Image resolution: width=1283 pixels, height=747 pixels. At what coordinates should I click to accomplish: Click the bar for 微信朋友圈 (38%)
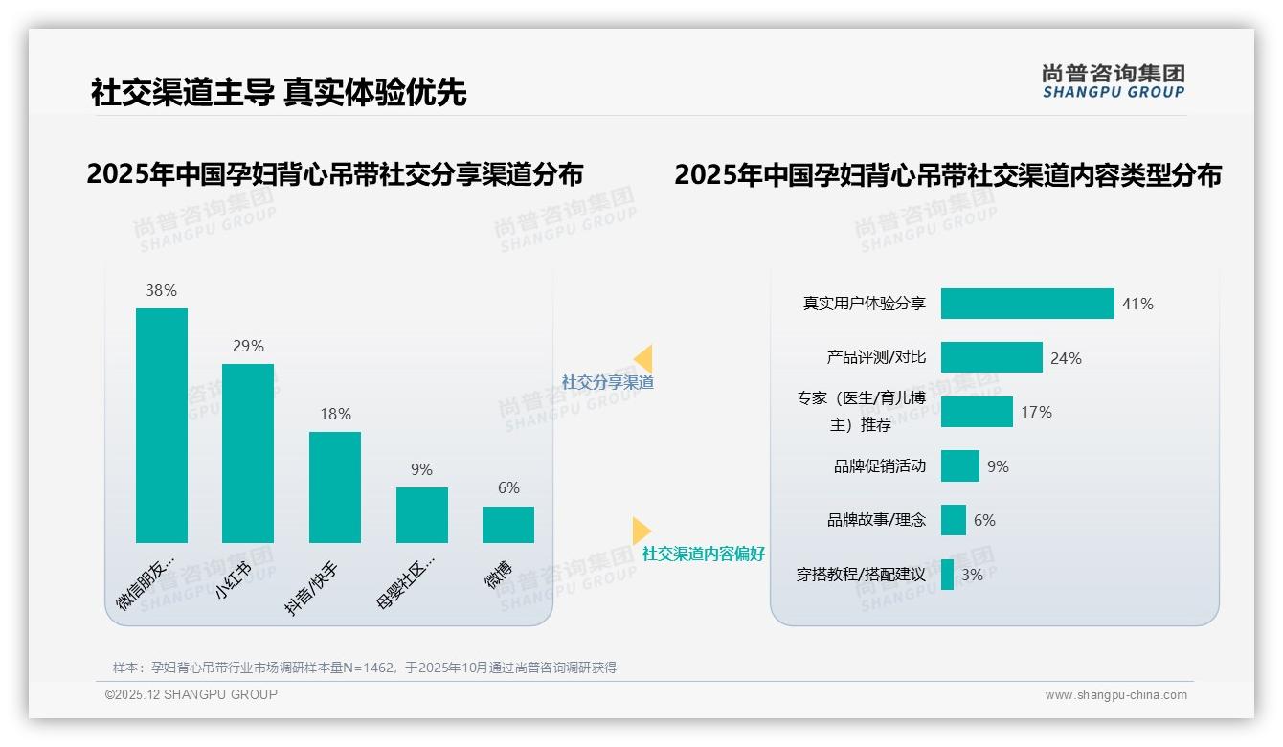pyautogui.click(x=162, y=425)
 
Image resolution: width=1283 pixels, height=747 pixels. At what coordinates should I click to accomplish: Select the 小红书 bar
pyautogui.click(x=248, y=453)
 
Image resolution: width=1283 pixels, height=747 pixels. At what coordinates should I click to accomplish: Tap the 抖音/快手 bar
pyautogui.click(x=335, y=487)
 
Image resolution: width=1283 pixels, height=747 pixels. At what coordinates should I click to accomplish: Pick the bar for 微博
pyautogui.click(x=508, y=524)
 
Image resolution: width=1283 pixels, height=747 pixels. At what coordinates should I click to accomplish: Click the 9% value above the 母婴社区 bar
pyautogui.click(x=421, y=469)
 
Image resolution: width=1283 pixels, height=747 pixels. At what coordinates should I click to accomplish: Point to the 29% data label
pyautogui.click(x=248, y=346)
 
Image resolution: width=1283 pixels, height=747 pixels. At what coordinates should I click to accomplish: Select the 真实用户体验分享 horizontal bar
pyautogui.click(x=1027, y=304)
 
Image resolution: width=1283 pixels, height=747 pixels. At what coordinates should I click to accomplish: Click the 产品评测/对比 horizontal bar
pyautogui.click(x=991, y=357)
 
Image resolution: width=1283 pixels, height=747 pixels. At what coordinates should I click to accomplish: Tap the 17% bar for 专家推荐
pyautogui.click(x=977, y=412)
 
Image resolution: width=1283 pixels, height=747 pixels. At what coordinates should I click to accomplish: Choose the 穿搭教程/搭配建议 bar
pyautogui.click(x=947, y=575)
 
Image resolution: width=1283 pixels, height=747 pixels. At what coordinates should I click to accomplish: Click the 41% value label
pyautogui.click(x=1137, y=304)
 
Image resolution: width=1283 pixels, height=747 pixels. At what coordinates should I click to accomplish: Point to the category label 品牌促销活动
pyautogui.click(x=879, y=466)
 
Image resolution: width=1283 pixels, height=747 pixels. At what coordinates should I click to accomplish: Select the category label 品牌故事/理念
pyautogui.click(x=876, y=520)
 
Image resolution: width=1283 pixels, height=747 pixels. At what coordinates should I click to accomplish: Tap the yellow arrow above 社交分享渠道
pyautogui.click(x=643, y=359)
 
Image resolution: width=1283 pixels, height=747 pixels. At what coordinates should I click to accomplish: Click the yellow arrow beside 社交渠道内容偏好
pyautogui.click(x=641, y=531)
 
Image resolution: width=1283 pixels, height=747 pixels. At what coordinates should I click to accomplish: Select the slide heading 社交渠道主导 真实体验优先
pyautogui.click(x=279, y=92)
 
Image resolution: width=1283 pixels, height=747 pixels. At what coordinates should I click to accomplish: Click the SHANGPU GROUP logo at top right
pyautogui.click(x=1113, y=81)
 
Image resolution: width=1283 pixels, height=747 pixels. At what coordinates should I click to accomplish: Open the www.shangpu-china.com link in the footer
pyautogui.click(x=1115, y=695)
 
